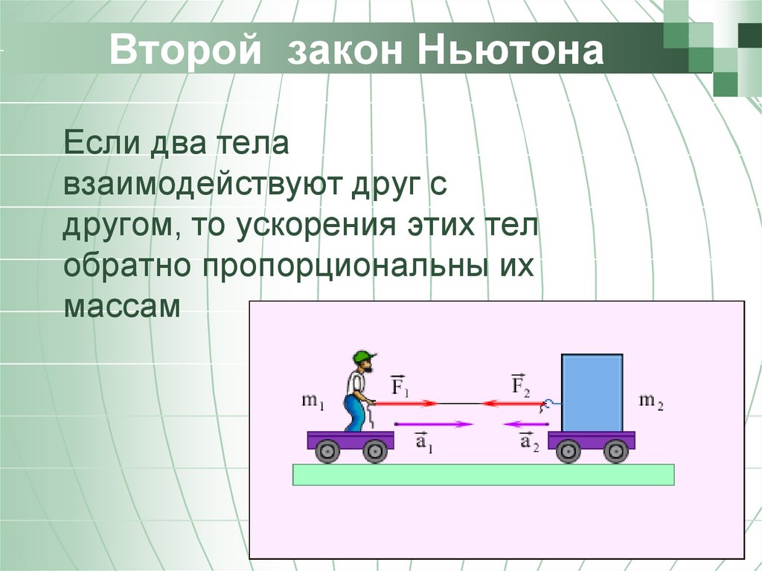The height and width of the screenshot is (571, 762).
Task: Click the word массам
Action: coord(122,306)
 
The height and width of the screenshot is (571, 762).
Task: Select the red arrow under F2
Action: coord(513,403)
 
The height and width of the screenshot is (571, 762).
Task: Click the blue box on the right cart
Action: coord(592,392)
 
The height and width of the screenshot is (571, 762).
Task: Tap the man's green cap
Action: coord(362,356)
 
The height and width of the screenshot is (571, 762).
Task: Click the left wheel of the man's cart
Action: coord(327,450)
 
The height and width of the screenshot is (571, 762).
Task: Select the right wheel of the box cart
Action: coord(615,450)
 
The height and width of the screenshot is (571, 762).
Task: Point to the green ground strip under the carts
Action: coord(483,474)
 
